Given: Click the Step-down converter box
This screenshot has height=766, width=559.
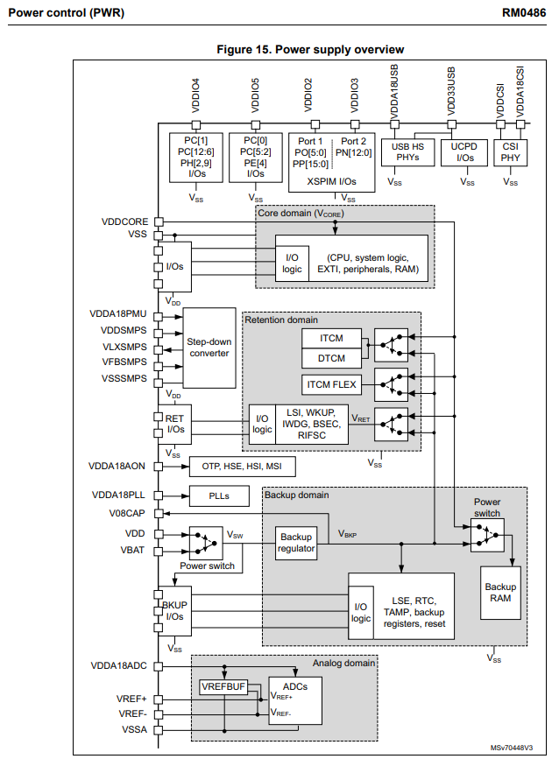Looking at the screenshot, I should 209,348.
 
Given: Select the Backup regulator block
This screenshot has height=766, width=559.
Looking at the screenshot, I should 296,543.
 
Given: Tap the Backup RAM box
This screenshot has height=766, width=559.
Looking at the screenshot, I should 500,594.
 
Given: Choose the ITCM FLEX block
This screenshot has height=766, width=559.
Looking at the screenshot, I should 330,383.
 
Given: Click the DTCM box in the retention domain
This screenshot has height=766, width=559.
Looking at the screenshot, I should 330,357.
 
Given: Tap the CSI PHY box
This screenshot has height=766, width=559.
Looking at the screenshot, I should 510,151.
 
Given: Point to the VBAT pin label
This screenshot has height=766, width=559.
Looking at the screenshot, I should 133,550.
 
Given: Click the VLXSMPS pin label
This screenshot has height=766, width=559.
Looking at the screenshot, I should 124,347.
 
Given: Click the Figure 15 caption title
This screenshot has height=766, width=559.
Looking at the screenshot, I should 304,49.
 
